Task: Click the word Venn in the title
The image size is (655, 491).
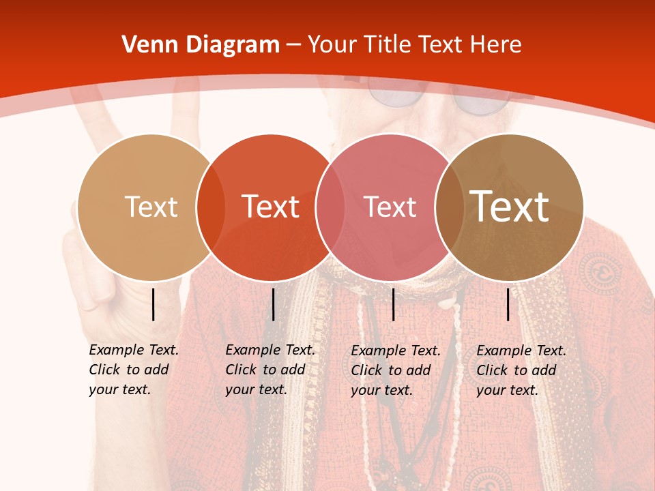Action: tap(142, 45)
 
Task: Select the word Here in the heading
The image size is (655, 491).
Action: tap(497, 45)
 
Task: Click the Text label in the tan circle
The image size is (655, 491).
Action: tap(151, 207)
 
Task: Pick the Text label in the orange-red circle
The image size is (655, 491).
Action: tap(271, 207)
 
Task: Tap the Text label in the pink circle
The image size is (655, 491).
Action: tap(390, 207)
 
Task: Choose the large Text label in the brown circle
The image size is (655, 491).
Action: tap(510, 207)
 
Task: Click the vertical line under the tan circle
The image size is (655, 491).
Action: tap(154, 304)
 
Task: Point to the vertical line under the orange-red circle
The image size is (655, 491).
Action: tap(273, 304)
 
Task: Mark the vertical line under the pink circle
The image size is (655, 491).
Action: tap(393, 304)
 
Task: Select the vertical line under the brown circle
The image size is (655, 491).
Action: tap(508, 304)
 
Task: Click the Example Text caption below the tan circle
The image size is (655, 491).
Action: tap(133, 370)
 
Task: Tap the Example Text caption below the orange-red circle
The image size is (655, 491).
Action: tap(270, 370)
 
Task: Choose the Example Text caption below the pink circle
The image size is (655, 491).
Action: tap(395, 370)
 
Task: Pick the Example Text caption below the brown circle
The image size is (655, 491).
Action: tap(521, 370)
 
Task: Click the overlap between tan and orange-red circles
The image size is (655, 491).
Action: tap(210, 207)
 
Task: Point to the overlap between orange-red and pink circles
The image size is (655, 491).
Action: tap(329, 207)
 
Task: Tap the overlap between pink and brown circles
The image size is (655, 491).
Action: tap(448, 207)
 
